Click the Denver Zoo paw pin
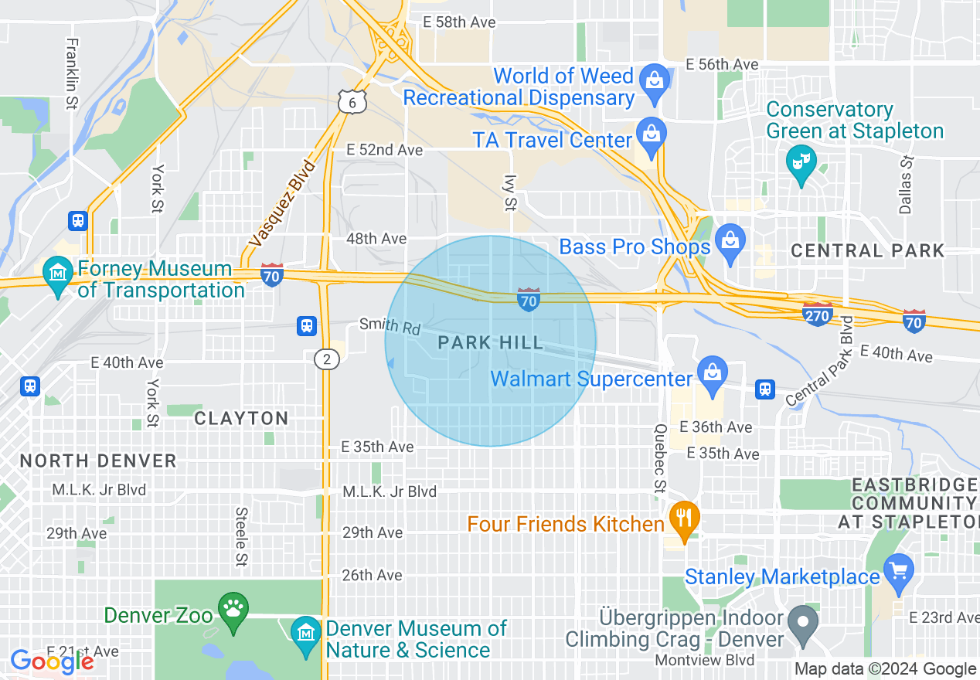coord(233,608)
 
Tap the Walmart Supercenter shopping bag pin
coord(711,373)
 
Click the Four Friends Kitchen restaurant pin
coord(683,518)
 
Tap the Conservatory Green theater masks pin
coord(801,162)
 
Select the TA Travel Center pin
coord(652,133)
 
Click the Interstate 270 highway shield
coord(818,314)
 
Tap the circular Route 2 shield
coord(327,359)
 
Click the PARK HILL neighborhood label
coord(491,343)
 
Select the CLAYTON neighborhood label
coord(241,418)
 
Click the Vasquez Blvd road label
coord(283,203)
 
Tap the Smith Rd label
coord(390,326)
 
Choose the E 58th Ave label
coord(459,22)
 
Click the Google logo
coord(52,661)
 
